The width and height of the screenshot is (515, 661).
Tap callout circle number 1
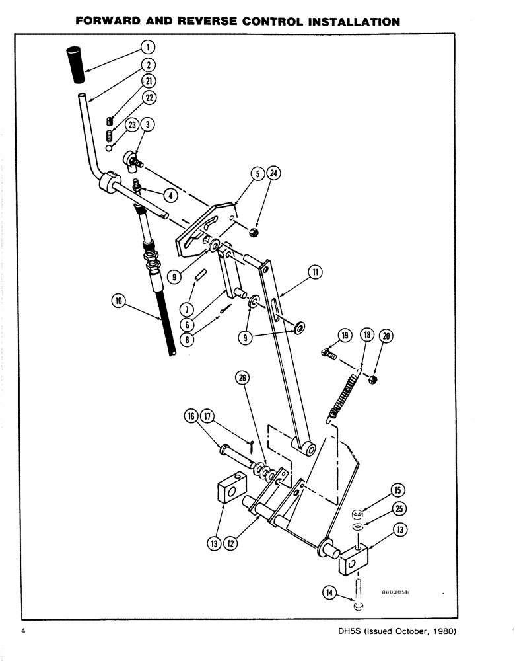coord(148,46)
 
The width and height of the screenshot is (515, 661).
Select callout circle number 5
coord(258,174)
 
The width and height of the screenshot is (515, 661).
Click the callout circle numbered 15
coord(398,490)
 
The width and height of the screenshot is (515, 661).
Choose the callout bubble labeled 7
coord(187,309)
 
